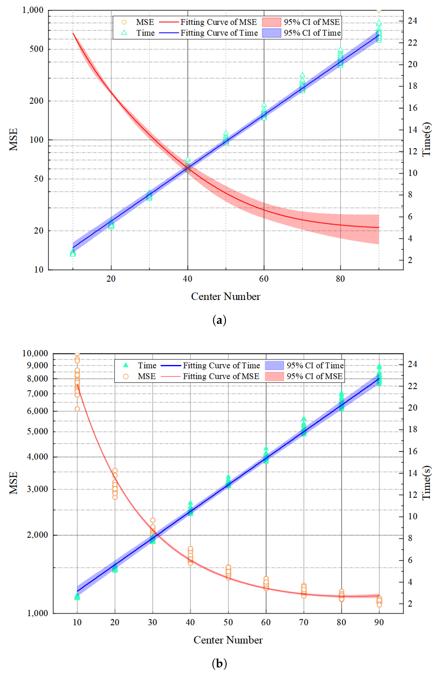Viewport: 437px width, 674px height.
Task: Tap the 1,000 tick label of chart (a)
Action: [x=33, y=10]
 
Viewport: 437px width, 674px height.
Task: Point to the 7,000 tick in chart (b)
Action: [x=37, y=393]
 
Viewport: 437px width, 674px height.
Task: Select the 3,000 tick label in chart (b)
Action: [x=37, y=489]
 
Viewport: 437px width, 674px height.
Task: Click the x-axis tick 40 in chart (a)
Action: [x=187, y=279]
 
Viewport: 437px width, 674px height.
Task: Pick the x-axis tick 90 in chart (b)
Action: [x=379, y=622]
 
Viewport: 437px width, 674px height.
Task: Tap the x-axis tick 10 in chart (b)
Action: [x=77, y=622]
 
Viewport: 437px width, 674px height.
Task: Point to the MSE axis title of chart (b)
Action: [x=13, y=483]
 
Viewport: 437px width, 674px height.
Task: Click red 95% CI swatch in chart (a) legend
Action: [x=271, y=22]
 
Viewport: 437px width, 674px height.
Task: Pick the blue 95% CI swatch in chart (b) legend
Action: [x=274, y=365]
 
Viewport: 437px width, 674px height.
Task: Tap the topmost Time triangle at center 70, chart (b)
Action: [x=304, y=419]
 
